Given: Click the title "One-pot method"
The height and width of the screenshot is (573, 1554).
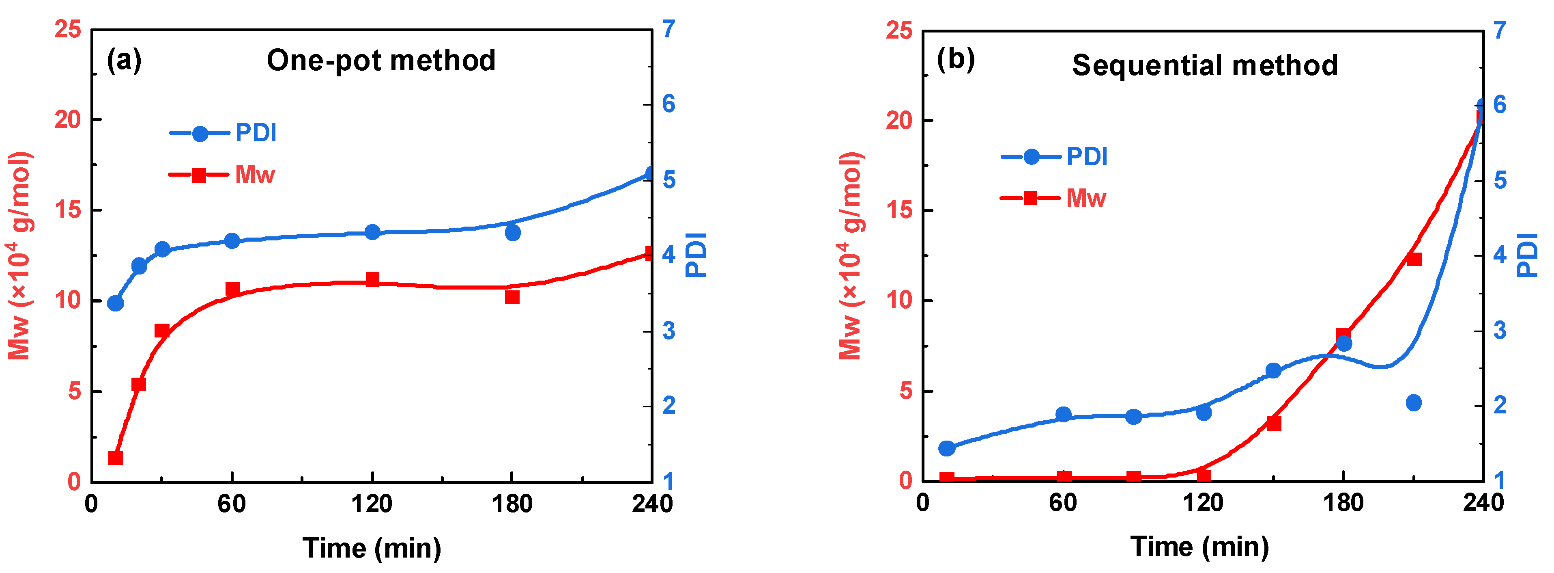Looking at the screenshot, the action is (x=381, y=61).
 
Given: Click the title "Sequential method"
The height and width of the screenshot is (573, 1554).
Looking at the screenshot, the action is (x=1205, y=65).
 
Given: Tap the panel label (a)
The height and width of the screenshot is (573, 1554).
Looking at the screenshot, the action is (x=124, y=61).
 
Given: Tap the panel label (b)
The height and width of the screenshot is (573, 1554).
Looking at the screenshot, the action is (x=956, y=59).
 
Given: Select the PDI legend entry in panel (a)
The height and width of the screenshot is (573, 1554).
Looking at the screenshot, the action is (x=223, y=133).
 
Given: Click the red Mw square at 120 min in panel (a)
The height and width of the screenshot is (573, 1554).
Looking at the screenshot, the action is (x=372, y=279).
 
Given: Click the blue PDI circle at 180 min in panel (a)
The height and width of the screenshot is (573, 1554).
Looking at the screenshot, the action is (x=512, y=232).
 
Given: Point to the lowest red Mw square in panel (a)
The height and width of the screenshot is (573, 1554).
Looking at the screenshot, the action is (x=115, y=458).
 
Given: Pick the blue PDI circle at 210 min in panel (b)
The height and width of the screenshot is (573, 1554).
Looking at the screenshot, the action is (x=1413, y=403).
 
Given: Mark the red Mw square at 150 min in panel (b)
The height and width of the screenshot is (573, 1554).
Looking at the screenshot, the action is (x=1273, y=423).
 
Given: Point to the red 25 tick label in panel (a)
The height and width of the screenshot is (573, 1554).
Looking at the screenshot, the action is (x=68, y=28).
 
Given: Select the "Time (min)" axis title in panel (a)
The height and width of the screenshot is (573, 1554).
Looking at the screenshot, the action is (x=372, y=548).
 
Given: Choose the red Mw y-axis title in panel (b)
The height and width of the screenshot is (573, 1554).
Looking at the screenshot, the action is (x=851, y=256).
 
